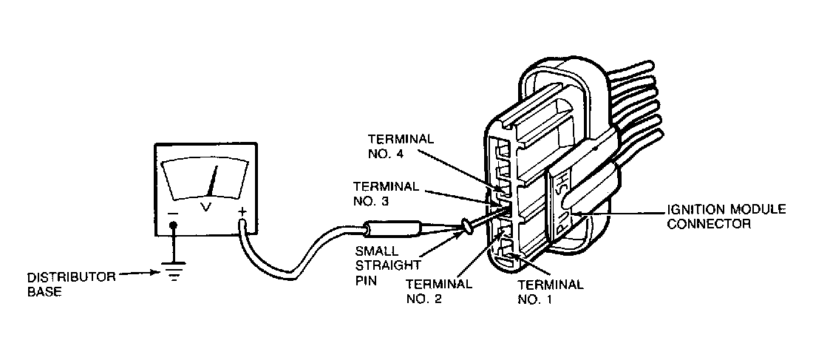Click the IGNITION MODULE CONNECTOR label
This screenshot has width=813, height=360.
tap(725, 216)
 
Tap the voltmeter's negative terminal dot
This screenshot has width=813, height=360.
tap(174, 226)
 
